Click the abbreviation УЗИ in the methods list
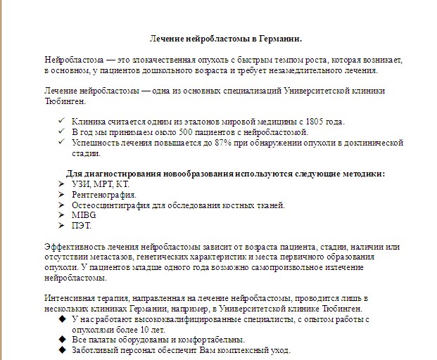click(x=81, y=184)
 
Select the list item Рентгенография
click(x=103, y=195)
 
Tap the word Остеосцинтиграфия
click(x=113, y=205)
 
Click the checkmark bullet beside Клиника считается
click(x=63, y=122)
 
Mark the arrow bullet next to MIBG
click(x=63, y=215)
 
